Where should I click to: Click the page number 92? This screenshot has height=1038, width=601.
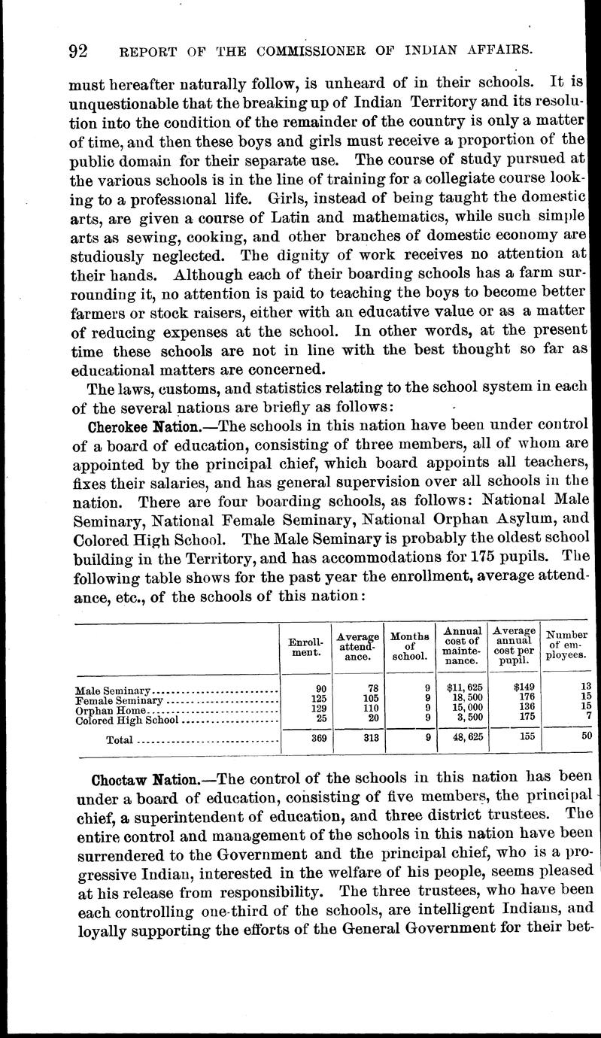78,51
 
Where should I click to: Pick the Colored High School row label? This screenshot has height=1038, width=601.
127,720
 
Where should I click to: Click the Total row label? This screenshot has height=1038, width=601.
120,740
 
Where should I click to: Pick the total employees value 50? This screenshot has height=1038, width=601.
586,737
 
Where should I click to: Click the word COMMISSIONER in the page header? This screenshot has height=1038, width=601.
315,51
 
